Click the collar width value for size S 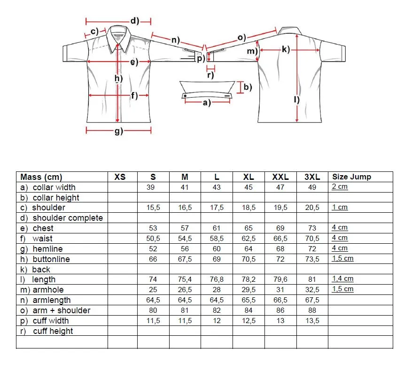tap(153, 187)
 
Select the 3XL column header tap(312, 177)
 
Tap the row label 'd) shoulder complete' tap(62, 218)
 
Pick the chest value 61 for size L tap(217, 228)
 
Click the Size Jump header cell tap(351, 177)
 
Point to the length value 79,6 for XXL tap(280, 279)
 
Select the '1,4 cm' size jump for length tap(342, 279)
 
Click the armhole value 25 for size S tap(153, 290)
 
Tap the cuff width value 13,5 tap(312, 321)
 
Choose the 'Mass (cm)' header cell tap(41, 177)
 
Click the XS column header tap(120, 177)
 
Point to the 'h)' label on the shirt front tap(118, 79)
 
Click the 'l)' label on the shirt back tap(296, 99)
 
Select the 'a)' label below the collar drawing tap(207, 103)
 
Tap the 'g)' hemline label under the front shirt tap(118, 131)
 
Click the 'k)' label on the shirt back tap(286, 49)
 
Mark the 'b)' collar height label tap(248, 87)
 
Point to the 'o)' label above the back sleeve tap(242, 37)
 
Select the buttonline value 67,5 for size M tap(185, 259)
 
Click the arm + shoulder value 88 tap(312, 310)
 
